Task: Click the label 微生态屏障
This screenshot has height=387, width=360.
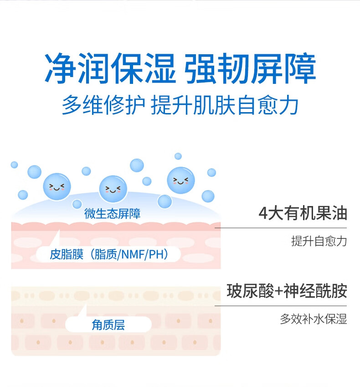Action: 113,214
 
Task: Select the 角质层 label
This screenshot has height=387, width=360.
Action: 108,325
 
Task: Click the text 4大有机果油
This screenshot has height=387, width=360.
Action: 303,213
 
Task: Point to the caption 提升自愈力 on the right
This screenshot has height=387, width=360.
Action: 319,241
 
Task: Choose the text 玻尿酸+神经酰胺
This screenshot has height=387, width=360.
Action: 287,291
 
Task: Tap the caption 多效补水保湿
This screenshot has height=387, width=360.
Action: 313,319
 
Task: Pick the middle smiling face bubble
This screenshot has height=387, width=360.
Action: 113,188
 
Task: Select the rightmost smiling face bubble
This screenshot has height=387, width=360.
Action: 181,180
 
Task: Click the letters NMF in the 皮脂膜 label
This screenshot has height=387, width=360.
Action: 132,254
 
